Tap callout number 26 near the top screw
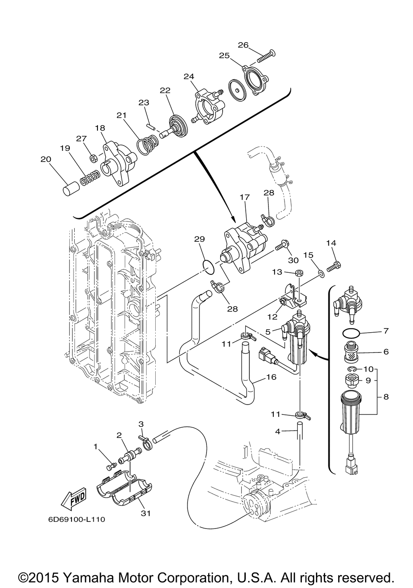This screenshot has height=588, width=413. click(x=243, y=45)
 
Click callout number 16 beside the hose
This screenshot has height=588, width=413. click(x=271, y=377)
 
